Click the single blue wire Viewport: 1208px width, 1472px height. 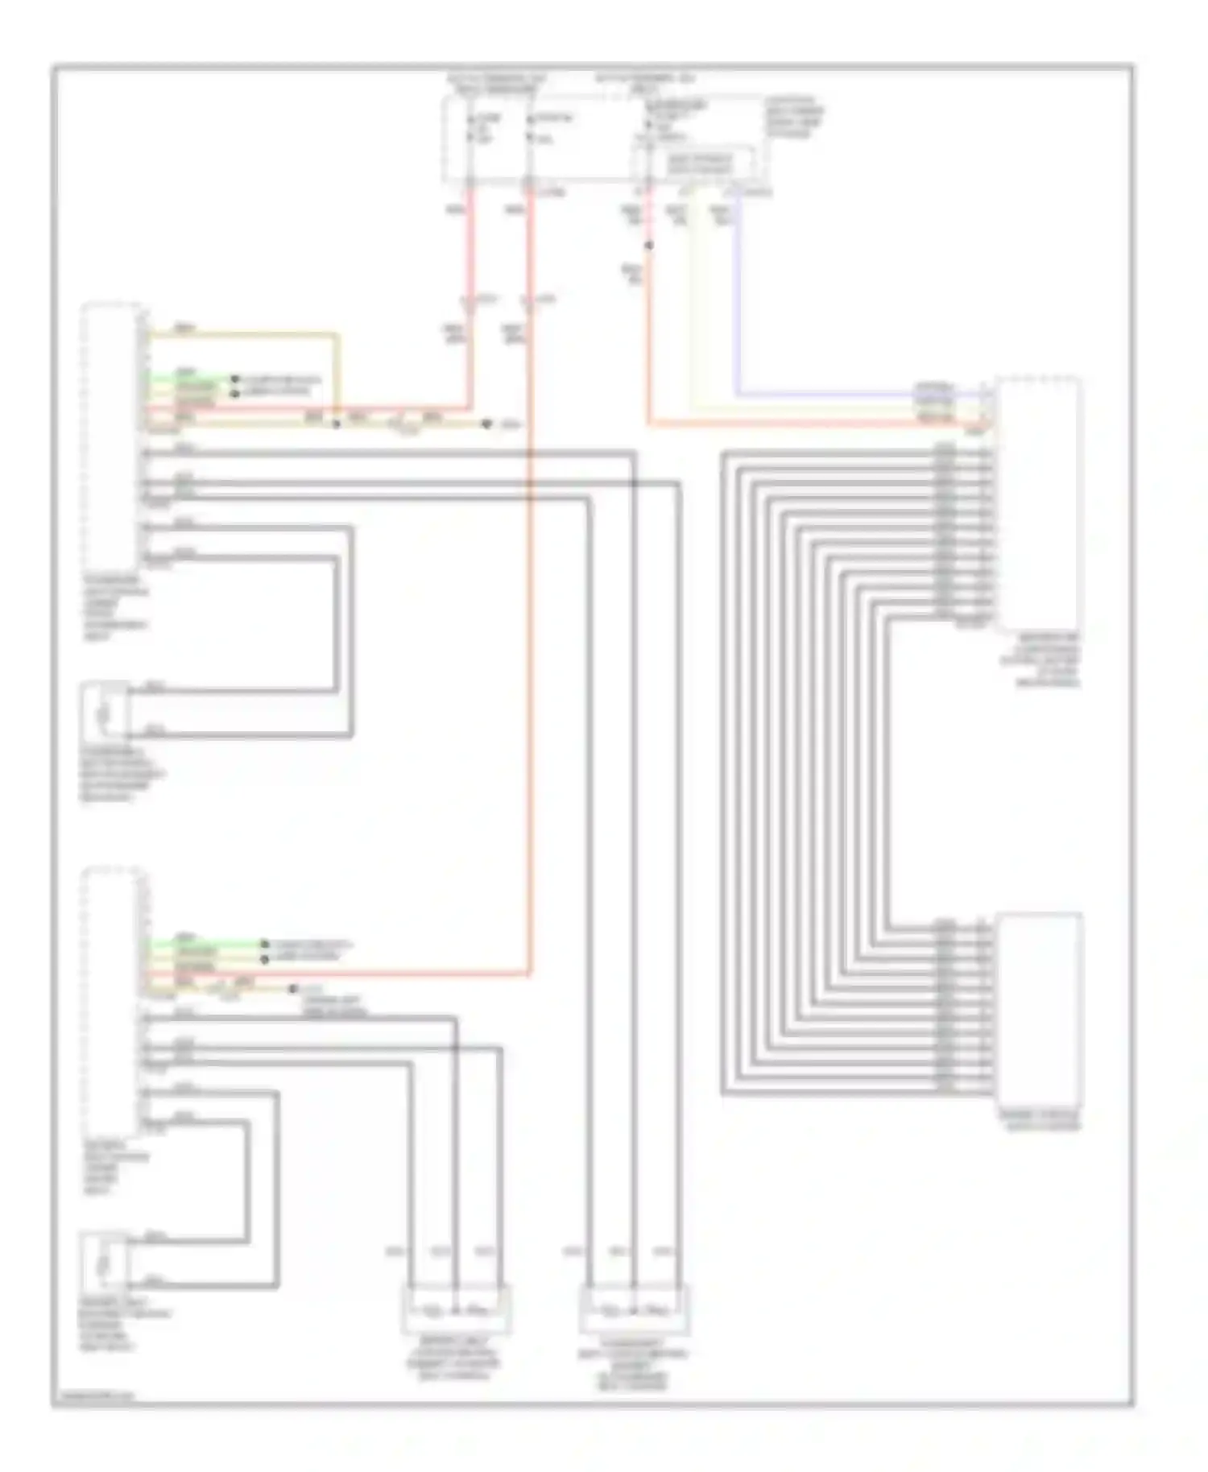(x=737, y=306)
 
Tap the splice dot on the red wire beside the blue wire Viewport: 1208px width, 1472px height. (x=648, y=245)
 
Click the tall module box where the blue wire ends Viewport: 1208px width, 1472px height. (x=1038, y=503)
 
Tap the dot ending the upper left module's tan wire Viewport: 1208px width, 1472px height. (x=486, y=424)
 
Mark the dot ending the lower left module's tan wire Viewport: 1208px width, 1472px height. (x=293, y=989)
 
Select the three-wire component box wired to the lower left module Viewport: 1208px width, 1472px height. (x=456, y=1310)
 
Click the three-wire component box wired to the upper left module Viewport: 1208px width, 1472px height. (x=634, y=1310)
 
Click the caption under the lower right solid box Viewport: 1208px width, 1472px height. (x=1039, y=1120)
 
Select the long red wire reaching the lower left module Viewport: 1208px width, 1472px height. (x=530, y=644)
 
